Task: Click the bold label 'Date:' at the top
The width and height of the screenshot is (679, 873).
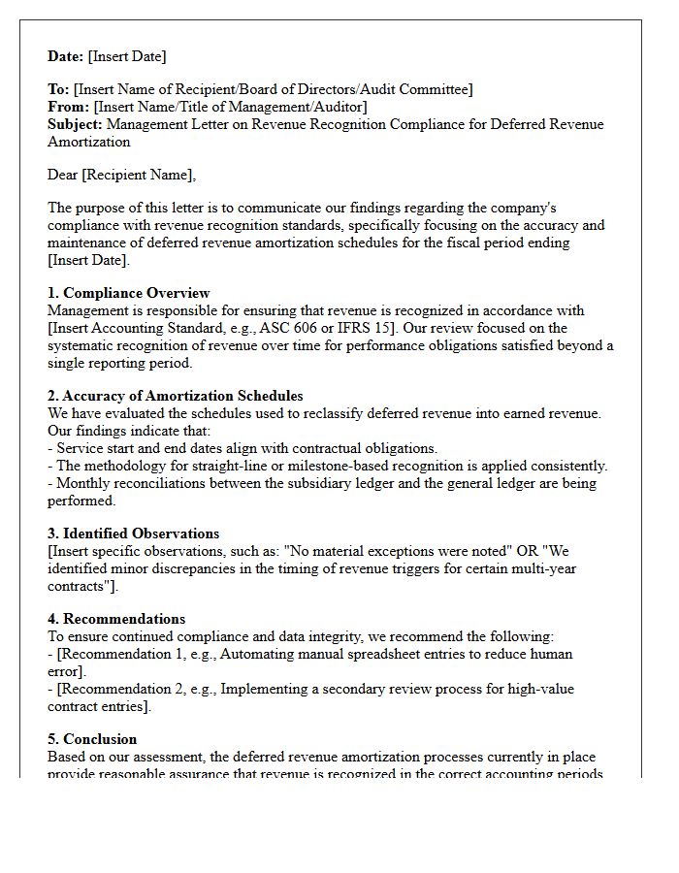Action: coord(66,56)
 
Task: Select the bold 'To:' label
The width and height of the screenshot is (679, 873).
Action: coord(58,89)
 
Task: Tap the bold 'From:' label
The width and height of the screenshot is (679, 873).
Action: coord(68,107)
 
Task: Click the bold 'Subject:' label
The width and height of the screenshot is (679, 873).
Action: coord(75,124)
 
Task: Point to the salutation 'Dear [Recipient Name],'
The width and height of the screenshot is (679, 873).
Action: coord(121,175)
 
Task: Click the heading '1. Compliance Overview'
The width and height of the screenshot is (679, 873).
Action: coord(128,293)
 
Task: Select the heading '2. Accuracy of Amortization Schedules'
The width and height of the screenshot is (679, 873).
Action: coord(175,396)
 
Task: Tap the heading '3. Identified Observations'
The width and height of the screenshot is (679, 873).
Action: coord(133,533)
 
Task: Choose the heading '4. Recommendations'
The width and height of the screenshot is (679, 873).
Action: coord(116,619)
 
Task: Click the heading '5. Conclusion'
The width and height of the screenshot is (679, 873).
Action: coord(92,739)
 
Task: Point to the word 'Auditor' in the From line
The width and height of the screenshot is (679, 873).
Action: coord(340,107)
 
